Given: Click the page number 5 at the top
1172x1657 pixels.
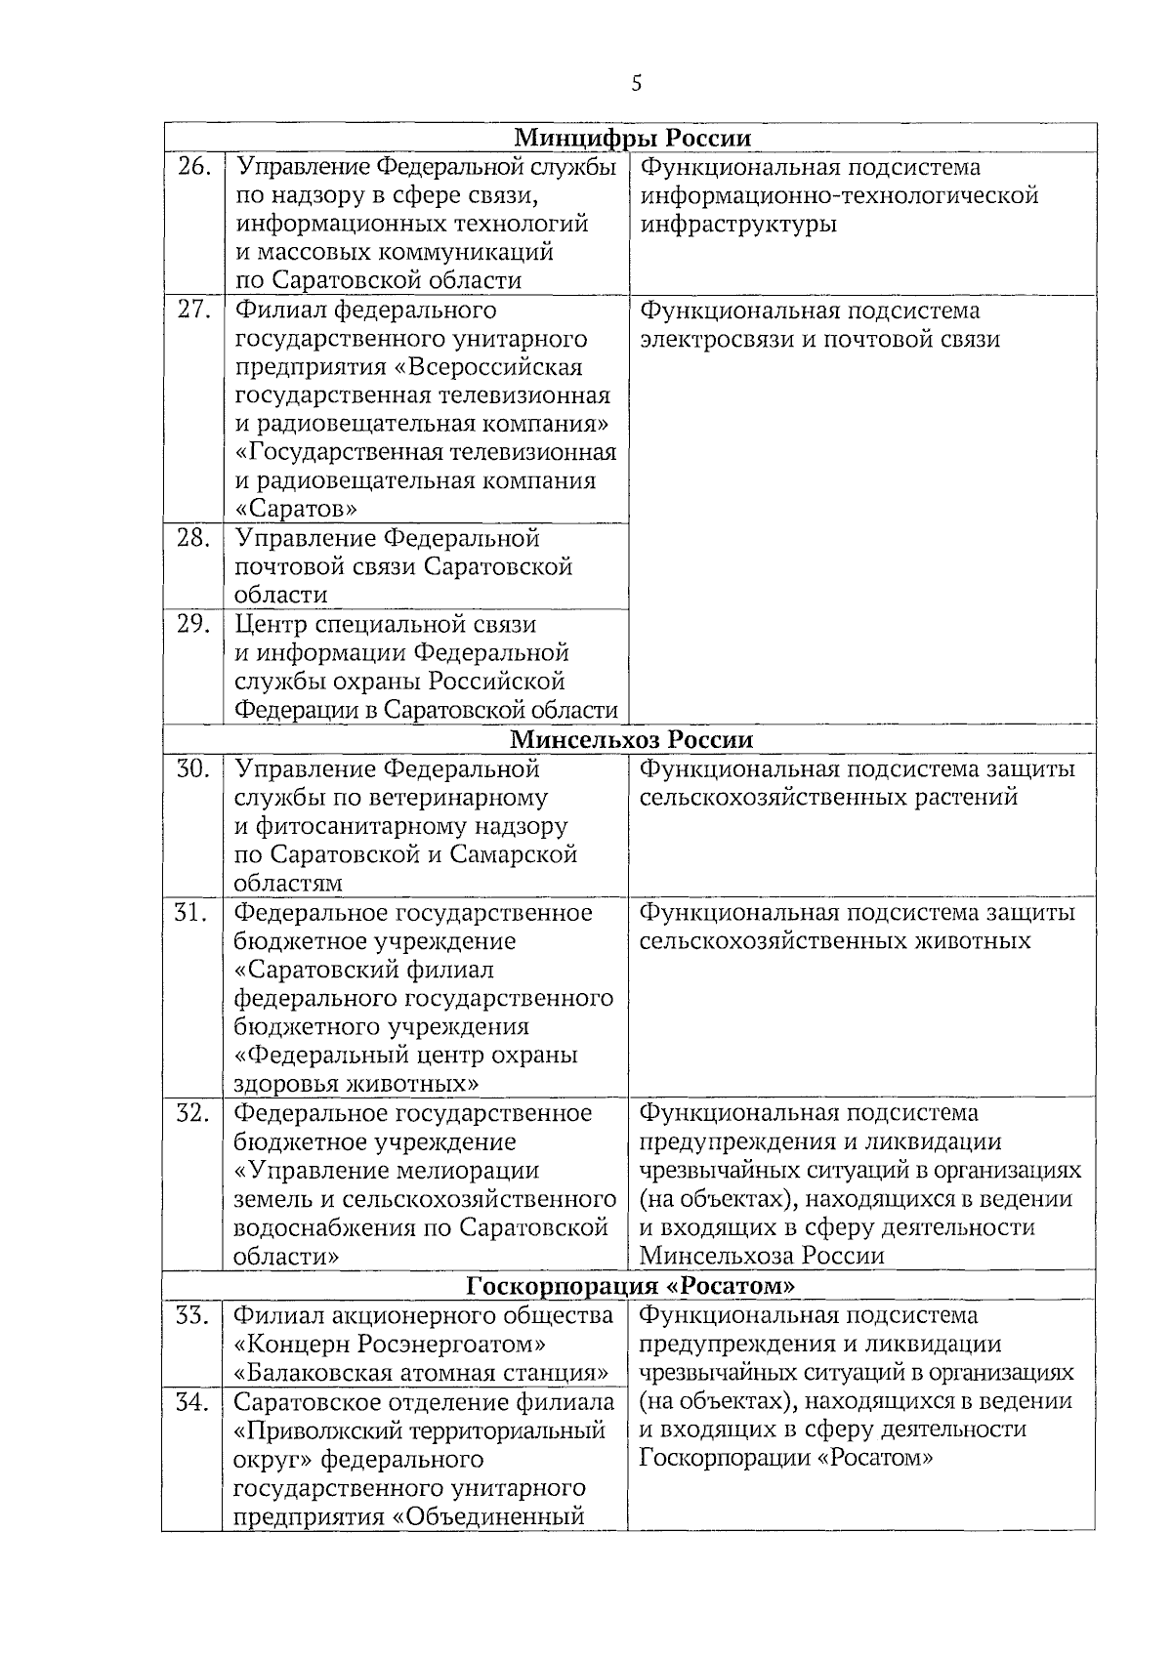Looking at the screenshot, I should (637, 84).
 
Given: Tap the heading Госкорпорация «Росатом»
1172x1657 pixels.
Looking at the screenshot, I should (630, 1285).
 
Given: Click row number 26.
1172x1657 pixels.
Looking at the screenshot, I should (193, 168).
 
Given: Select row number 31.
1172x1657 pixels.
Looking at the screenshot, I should (192, 913).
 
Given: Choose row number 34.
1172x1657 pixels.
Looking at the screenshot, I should (192, 1403).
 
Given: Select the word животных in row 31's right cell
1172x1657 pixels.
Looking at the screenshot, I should (969, 941).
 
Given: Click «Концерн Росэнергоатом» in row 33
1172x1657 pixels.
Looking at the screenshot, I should (391, 1345).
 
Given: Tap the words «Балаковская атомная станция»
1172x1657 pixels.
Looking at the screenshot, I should (421, 1373).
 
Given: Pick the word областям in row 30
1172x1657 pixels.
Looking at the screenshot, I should (288, 884).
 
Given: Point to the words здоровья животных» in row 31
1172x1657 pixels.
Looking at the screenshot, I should (356, 1084).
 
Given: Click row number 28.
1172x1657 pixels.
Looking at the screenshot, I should (193, 539).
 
